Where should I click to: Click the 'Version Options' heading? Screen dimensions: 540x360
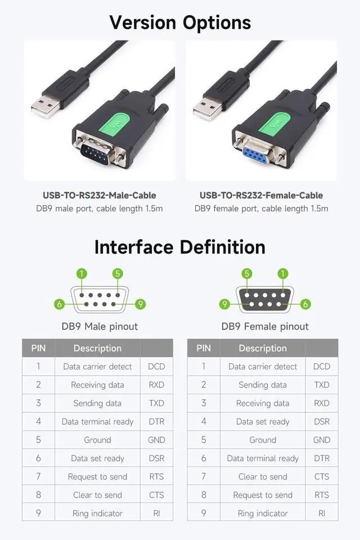coord(180,22)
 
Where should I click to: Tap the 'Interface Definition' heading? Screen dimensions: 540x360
coord(180,247)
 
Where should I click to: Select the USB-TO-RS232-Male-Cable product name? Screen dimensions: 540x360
coord(100,196)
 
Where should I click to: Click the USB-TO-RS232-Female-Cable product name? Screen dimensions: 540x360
coord(261,196)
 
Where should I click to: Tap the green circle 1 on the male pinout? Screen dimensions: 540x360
coord(82,274)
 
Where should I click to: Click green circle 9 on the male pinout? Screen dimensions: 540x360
coord(140,304)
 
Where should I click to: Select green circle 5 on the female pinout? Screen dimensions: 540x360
coord(247,274)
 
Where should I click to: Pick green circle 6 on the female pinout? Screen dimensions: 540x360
coord(305,304)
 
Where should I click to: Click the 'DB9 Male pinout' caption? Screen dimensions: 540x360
coord(100,326)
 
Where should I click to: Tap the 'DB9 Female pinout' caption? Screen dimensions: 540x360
coord(265,326)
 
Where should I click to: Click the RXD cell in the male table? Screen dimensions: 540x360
coord(156,385)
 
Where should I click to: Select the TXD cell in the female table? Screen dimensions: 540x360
coord(322,385)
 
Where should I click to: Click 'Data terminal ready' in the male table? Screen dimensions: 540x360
coord(97,422)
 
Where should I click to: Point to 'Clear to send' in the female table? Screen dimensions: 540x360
coord(263,477)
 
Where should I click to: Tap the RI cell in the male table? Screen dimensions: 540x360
coord(156,514)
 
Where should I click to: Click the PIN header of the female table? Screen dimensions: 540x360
coord(204,348)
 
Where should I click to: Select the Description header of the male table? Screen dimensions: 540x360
coord(97,348)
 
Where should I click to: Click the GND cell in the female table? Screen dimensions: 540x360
coord(322,440)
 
